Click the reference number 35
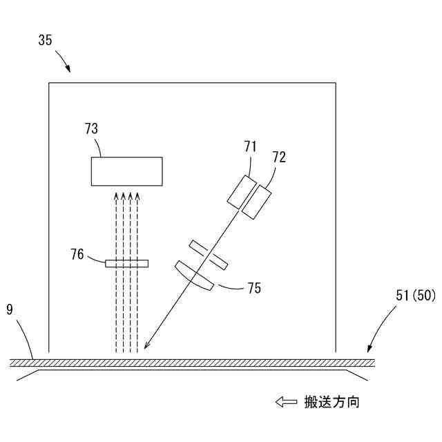(44, 40)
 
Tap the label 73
(91, 128)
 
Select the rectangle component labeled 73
(127, 171)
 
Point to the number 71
(250, 146)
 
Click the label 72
(279, 157)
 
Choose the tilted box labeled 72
(258, 201)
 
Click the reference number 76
(77, 255)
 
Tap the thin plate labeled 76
(126, 263)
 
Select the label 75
(254, 288)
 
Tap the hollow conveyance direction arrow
(285, 401)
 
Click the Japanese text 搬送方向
(331, 401)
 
